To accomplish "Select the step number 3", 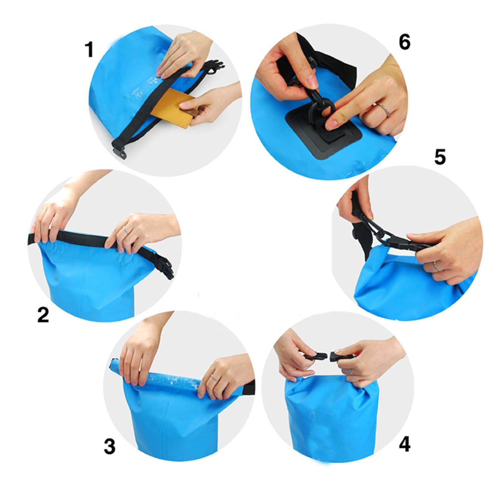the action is pos(110,446).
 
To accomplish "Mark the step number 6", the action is pos(404,42).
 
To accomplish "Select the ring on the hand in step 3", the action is pos(214,377).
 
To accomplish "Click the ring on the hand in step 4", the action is pos(351,371).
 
